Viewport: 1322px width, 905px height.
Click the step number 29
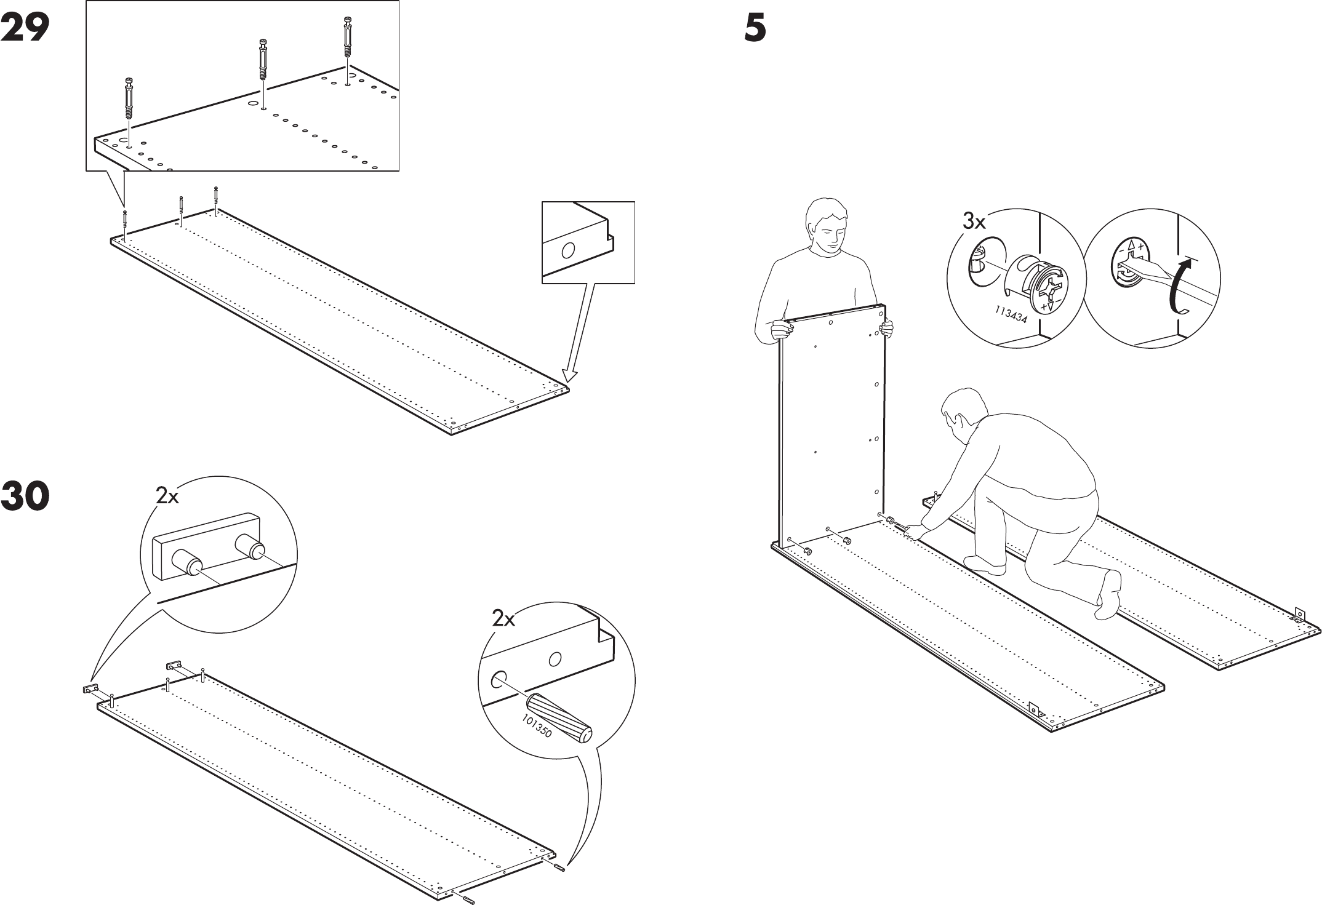click(25, 28)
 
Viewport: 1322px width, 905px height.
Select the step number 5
click(755, 28)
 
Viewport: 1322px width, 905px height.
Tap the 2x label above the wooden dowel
click(503, 619)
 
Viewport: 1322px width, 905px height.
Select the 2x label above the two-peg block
click(167, 496)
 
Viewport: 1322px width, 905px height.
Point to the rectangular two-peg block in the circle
click(206, 545)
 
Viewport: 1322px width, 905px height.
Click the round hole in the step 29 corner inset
click(568, 250)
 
